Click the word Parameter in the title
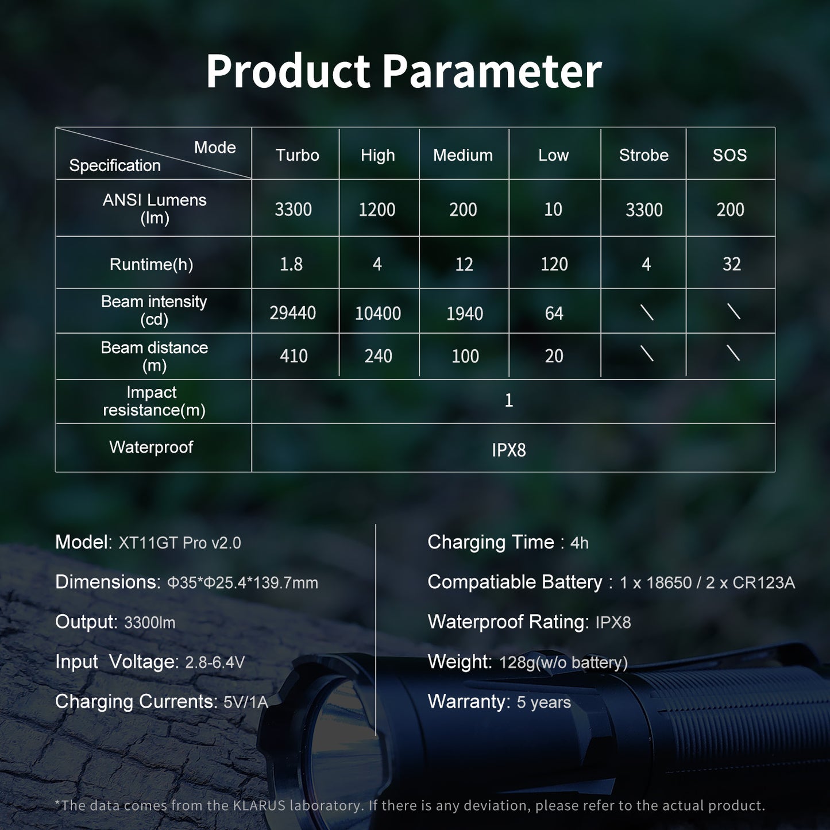pos(492,71)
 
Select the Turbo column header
pos(297,155)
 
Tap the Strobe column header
pos(643,155)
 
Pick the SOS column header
pos(729,155)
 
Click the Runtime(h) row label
pos(151,264)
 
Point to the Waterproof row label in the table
pos(151,447)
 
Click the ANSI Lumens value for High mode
pos(377,210)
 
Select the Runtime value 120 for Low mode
pos(554,264)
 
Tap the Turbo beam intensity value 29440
pos(293,313)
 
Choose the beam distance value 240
pos(378,356)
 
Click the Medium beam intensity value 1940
pos(464,314)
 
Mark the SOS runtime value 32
pos(731,264)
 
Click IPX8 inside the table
pos(508,450)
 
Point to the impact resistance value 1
pos(508,400)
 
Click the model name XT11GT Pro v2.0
pos(180,543)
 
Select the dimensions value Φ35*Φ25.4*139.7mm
pos(242,583)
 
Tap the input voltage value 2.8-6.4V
pos(215,663)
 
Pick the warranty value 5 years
pos(543,702)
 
